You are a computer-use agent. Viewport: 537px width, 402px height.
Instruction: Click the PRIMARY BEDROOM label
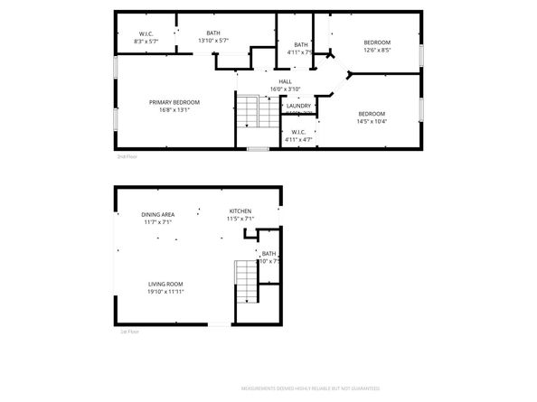pos(174,102)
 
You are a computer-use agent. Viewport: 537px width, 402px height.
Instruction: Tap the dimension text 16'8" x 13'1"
pos(174,110)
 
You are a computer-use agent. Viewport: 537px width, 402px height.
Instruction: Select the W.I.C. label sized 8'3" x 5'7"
pos(146,33)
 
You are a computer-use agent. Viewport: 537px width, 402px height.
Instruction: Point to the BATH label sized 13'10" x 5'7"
pos(213,33)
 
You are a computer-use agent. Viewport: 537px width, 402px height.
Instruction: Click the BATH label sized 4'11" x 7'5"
pos(300,44)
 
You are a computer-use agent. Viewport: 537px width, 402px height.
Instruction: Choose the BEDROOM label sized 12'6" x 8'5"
pos(377,43)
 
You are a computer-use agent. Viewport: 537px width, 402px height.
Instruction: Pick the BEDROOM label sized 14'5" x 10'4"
pos(371,114)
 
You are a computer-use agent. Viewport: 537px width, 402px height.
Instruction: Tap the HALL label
pos(285,81)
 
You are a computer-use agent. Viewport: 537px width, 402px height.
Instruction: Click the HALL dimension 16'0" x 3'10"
pos(285,89)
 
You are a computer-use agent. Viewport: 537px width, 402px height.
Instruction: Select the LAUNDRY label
pos(298,106)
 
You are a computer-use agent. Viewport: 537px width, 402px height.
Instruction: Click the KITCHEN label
pos(240,210)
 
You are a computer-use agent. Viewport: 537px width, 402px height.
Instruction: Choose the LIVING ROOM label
pos(166,285)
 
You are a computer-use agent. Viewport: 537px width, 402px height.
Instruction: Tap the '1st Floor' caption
pos(129,332)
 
